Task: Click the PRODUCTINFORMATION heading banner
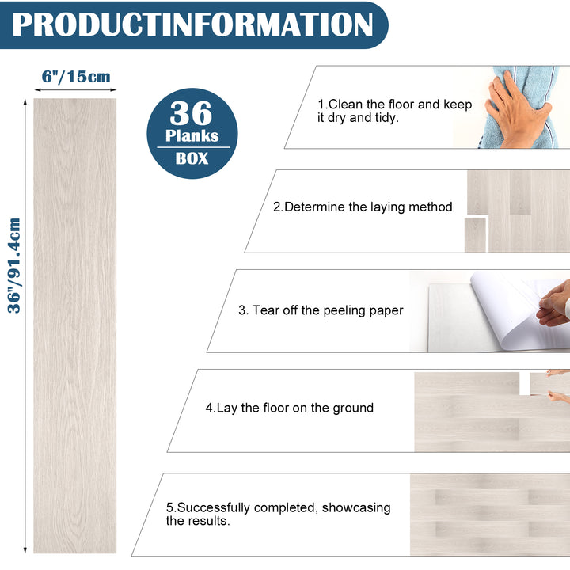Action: [192, 25]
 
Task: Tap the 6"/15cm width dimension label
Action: [75, 77]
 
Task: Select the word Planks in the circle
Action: [192, 135]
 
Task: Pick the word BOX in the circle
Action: [192, 158]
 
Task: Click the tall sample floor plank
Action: [74, 325]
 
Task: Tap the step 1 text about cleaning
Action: [394, 111]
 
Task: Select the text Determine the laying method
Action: [363, 207]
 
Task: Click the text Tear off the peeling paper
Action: [321, 310]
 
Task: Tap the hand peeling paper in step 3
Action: [554, 305]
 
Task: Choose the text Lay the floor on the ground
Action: [289, 408]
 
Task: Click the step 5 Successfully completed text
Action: [278, 514]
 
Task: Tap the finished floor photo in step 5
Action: [489, 515]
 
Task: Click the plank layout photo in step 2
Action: [517, 211]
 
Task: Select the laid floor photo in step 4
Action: [491, 412]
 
